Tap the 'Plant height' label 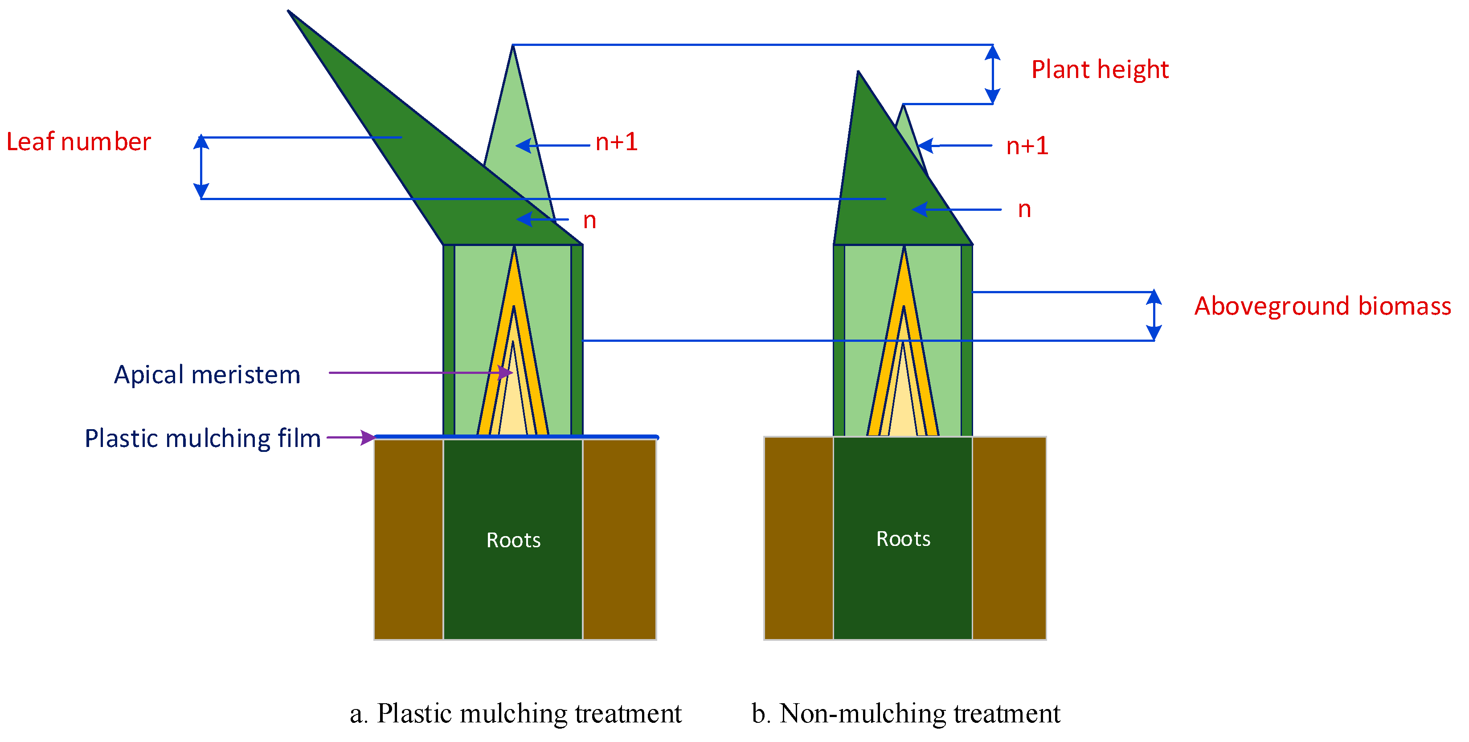click(x=1100, y=70)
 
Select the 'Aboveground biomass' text click(x=1322, y=306)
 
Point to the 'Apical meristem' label click(x=207, y=375)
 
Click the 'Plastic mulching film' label click(x=202, y=439)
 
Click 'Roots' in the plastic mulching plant click(x=513, y=540)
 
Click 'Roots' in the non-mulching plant click(x=903, y=539)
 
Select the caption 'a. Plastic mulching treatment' click(x=516, y=713)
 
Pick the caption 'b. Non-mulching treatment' click(x=905, y=713)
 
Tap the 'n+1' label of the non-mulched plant click(x=1027, y=146)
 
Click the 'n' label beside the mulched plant click(x=589, y=221)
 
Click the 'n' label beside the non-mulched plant click(x=1024, y=210)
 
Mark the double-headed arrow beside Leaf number click(x=201, y=168)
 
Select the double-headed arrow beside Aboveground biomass click(x=1154, y=316)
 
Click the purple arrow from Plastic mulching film click(x=351, y=438)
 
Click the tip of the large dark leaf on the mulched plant click(x=290, y=12)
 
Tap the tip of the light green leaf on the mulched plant click(x=513, y=47)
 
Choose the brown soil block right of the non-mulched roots click(x=1009, y=538)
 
